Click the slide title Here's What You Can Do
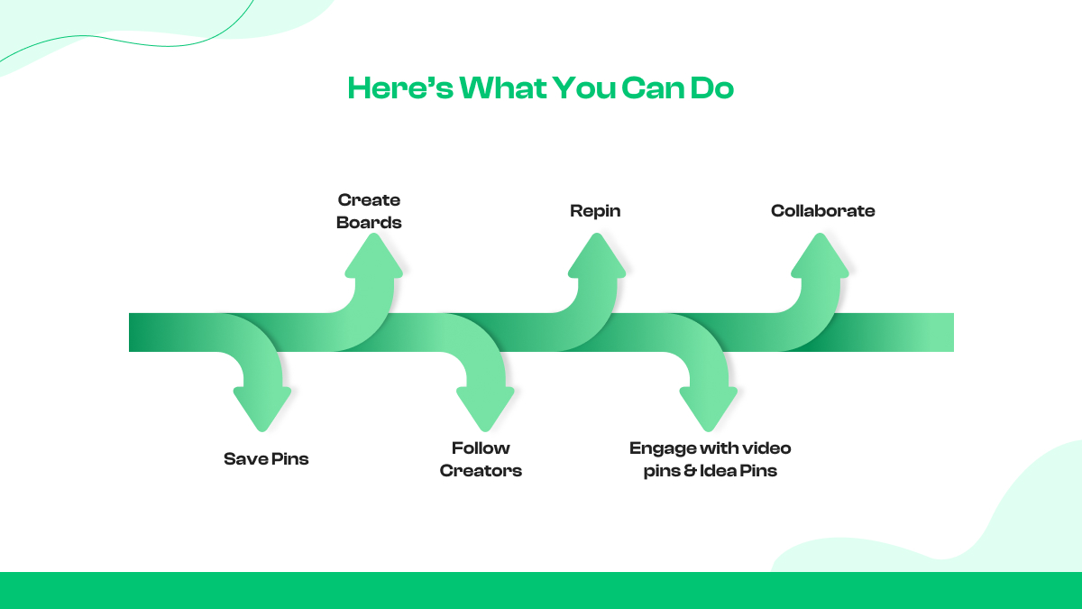click(540, 88)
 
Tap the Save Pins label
click(266, 459)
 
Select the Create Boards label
click(369, 211)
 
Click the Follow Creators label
click(481, 459)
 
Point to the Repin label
click(595, 211)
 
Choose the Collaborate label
click(822, 211)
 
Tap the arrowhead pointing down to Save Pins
click(262, 406)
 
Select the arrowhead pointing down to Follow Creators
click(485, 406)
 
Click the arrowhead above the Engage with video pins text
click(709, 406)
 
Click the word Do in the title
click(712, 88)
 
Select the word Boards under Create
click(369, 223)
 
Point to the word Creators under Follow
click(481, 471)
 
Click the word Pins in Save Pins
click(289, 459)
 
